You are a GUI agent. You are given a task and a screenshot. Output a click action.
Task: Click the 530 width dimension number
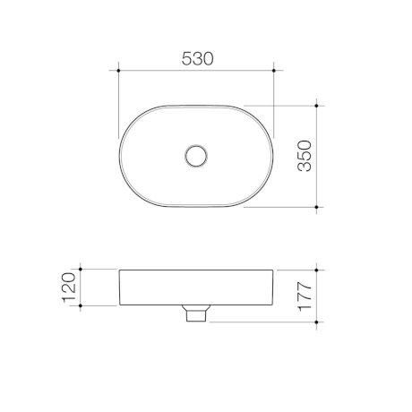pyautogui.click(x=197, y=58)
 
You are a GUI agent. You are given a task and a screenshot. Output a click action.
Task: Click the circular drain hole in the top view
pyautogui.click(x=195, y=156)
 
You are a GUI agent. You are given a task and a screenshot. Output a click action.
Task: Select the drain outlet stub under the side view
pyautogui.click(x=195, y=314)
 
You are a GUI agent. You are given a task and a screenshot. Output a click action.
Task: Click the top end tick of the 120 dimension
pyautogui.click(x=82, y=269)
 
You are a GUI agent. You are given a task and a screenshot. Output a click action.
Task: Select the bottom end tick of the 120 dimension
pyautogui.click(x=82, y=305)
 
